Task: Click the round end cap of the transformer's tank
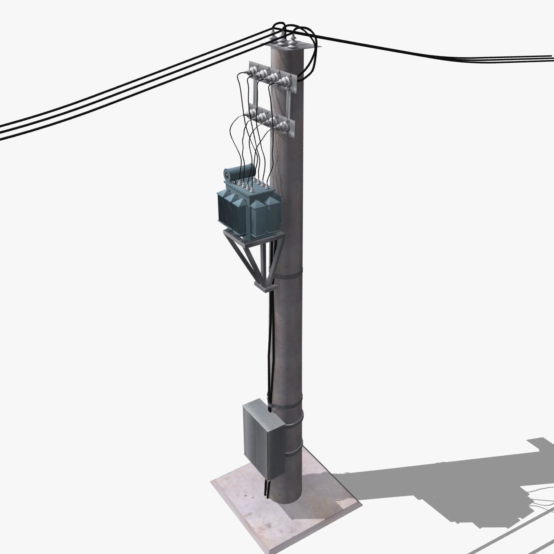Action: coord(226,175)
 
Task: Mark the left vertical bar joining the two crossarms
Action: coord(253,93)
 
